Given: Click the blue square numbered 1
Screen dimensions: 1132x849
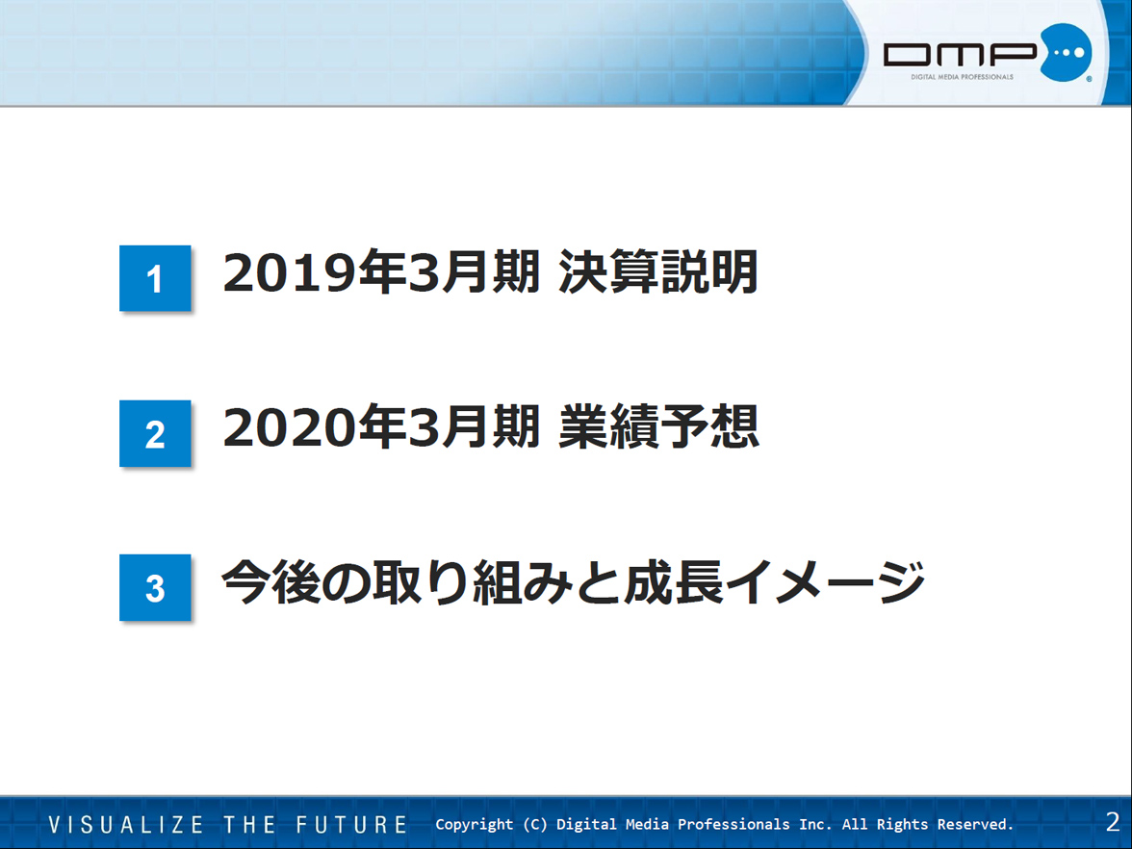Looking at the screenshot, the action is (x=155, y=278).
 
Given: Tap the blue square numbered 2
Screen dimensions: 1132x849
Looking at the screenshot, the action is (x=155, y=433).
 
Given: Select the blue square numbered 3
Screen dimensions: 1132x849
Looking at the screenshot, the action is (x=155, y=587).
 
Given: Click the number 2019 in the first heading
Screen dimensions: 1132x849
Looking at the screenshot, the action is (x=291, y=273).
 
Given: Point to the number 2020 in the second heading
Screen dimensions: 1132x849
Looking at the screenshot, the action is (x=291, y=427).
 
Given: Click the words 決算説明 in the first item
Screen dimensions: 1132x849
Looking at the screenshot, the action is (x=658, y=272).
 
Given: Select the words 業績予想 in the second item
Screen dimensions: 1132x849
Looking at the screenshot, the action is (x=658, y=426).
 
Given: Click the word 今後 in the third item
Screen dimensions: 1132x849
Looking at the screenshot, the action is (x=270, y=581).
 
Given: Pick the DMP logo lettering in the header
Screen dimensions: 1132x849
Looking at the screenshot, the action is (x=961, y=54).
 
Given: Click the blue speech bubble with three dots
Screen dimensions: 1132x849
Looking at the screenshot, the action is (x=1066, y=52).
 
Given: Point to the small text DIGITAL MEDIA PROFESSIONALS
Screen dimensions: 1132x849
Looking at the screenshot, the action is (x=962, y=77).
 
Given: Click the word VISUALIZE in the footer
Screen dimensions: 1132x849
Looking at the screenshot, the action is (x=126, y=824).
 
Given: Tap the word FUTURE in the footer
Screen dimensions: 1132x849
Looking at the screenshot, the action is (x=351, y=824).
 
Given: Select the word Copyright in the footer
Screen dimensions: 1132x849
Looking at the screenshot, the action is (x=475, y=824).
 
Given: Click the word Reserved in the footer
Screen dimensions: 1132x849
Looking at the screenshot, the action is (x=975, y=824).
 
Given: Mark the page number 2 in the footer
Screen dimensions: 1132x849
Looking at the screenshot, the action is (x=1113, y=822).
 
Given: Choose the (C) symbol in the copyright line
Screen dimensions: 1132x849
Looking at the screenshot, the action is (x=535, y=824).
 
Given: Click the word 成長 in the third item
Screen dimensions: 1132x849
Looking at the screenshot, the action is (x=674, y=581).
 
